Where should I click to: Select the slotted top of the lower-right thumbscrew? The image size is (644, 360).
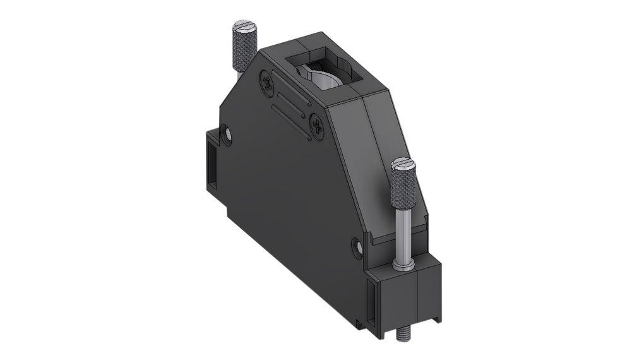coord(402,165)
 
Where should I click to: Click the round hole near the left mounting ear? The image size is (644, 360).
coord(227,133)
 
